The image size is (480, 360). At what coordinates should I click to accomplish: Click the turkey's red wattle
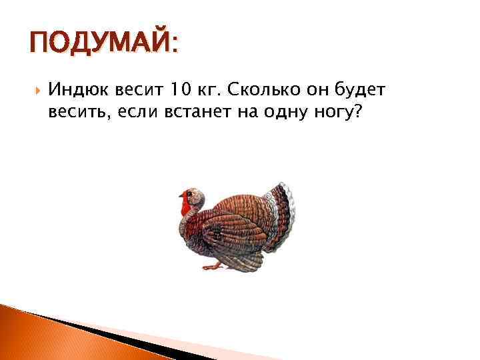[185, 205]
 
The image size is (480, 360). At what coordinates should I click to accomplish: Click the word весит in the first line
[129, 90]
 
